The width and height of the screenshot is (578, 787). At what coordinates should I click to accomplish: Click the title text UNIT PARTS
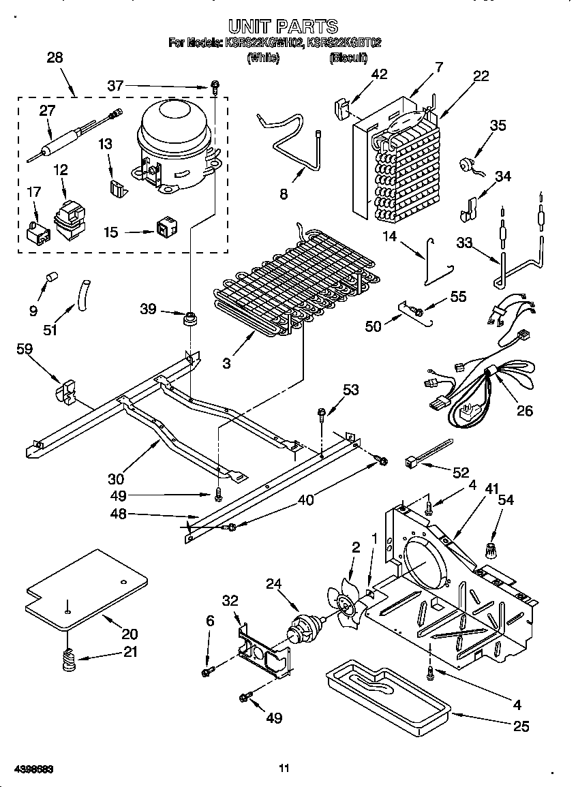pos(283,27)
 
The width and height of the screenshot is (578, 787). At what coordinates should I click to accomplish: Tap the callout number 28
pos(55,57)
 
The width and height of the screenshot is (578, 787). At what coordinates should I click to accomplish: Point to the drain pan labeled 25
pos(385,692)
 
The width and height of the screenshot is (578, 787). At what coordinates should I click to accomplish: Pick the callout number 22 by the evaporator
pos(481,76)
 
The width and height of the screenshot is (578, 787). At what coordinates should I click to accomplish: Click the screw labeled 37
pos(214,87)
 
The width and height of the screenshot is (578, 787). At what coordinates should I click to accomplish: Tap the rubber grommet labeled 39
pos(190,317)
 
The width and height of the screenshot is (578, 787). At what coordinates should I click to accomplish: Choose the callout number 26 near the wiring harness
pos(525,410)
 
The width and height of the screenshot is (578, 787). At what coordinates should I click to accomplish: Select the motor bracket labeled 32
pos(262,647)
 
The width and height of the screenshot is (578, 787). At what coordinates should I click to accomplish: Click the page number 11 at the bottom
pos(284,769)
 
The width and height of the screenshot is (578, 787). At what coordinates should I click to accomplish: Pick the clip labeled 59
pos(67,393)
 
